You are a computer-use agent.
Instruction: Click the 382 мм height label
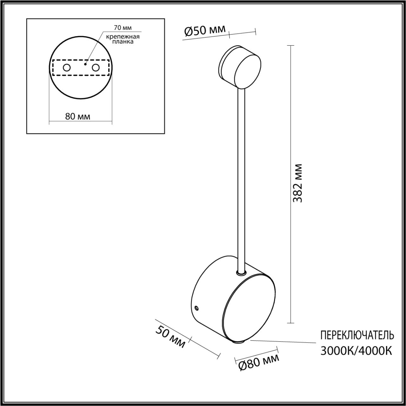[298, 183]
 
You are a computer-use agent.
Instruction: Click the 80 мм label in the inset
[78, 116]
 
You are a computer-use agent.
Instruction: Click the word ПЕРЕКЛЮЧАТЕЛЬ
[357, 335]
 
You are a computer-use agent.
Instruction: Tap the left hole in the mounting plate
[67, 68]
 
